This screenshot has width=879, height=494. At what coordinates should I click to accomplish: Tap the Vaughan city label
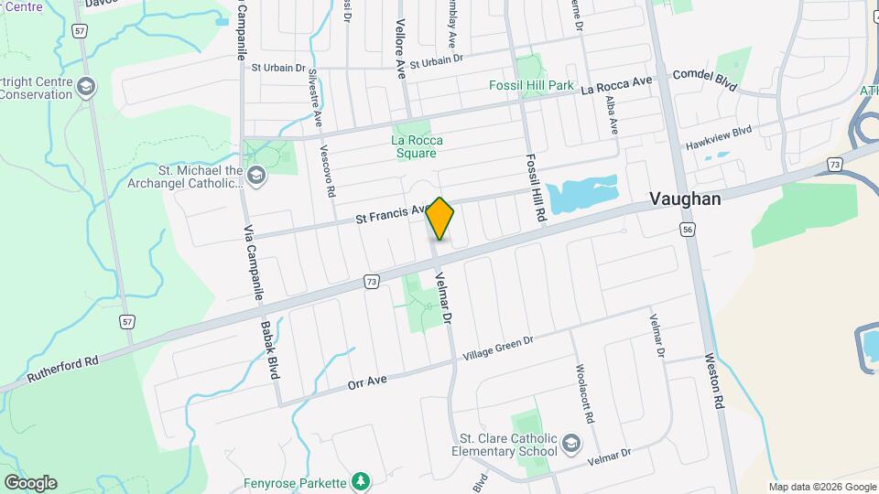(x=685, y=199)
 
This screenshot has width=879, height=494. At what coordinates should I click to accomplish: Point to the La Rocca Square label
(x=417, y=146)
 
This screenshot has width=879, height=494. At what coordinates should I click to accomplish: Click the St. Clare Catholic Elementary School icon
(x=571, y=444)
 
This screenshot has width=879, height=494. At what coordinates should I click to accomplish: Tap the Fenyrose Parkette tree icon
(x=362, y=481)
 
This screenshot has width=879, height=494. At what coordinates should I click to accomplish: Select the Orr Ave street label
(x=369, y=381)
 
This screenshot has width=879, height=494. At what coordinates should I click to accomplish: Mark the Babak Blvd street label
(x=269, y=349)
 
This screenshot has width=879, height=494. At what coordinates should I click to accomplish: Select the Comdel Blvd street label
(x=705, y=79)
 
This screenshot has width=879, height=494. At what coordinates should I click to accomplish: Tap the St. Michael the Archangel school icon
(x=256, y=175)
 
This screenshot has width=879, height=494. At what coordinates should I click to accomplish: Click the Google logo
(x=30, y=482)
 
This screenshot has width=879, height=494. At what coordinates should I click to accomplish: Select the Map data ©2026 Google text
(x=822, y=487)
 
